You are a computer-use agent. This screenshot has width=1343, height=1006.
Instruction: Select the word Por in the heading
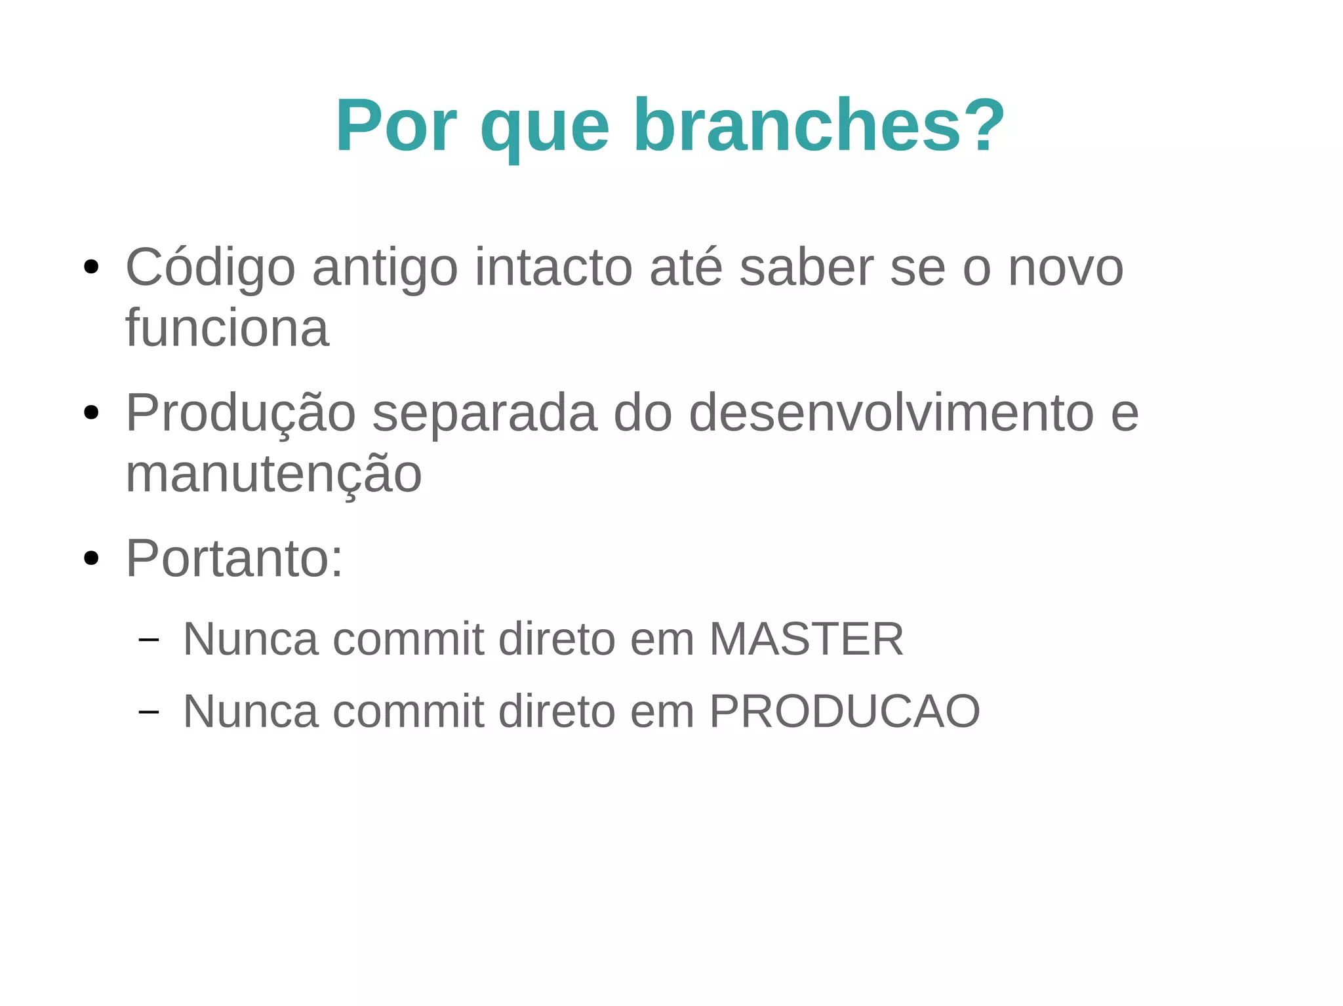click(x=396, y=125)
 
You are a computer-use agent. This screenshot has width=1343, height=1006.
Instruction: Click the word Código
click(x=210, y=268)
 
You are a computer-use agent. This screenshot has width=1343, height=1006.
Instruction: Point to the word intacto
click(x=553, y=268)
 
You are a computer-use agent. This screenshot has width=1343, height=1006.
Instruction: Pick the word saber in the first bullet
click(x=806, y=268)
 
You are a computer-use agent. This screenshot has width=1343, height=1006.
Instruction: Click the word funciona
click(x=227, y=328)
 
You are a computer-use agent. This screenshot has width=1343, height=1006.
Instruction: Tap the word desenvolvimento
click(x=891, y=413)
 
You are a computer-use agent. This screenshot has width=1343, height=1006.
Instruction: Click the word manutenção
click(x=273, y=474)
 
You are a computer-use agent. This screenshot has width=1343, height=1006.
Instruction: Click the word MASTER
click(x=806, y=639)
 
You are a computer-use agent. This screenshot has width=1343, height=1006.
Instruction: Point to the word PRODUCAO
click(x=845, y=711)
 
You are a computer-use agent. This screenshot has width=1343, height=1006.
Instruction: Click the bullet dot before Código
click(x=91, y=267)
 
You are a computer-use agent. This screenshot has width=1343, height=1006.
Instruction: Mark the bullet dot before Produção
click(x=91, y=413)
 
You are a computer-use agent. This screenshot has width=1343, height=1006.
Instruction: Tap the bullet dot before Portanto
click(x=91, y=558)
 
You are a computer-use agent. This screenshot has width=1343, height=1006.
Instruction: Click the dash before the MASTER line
click(x=149, y=640)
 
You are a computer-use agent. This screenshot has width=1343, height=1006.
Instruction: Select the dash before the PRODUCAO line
click(x=149, y=712)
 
